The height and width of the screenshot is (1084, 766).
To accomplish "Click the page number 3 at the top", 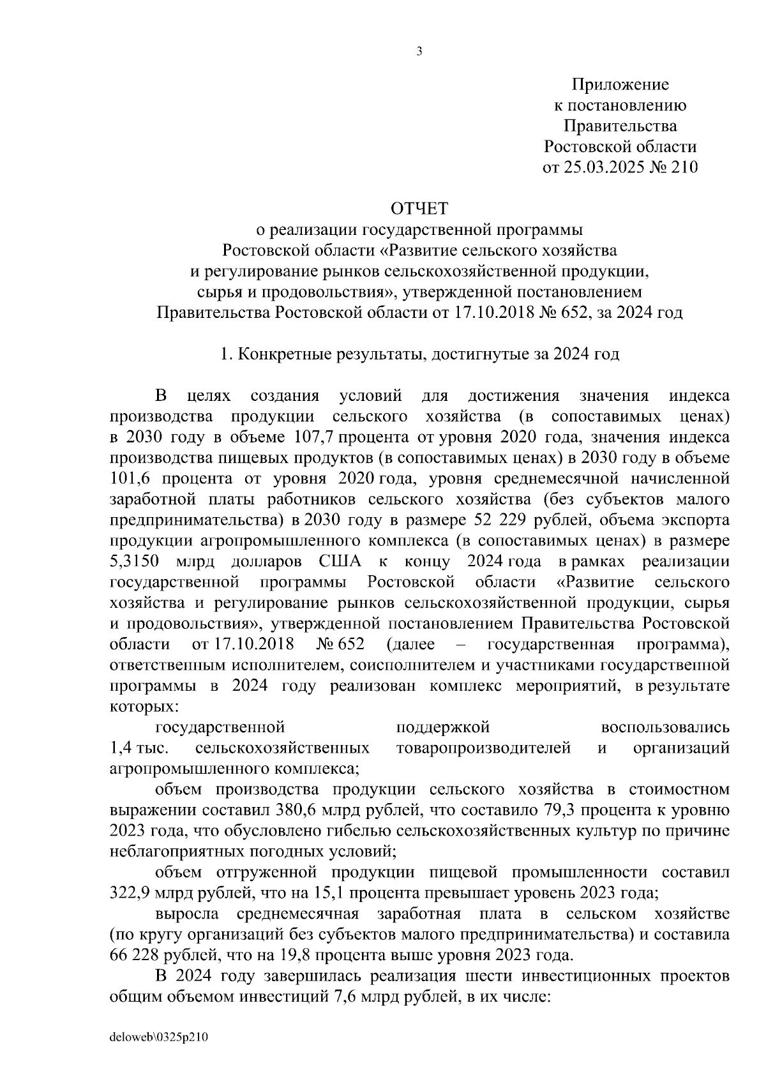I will coord(419,52).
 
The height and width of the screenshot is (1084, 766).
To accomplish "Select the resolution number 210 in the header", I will coord(684,168).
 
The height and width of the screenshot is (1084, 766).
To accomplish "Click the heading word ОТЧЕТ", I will coord(419,209).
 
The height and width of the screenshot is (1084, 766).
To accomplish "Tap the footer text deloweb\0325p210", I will coord(160,1038).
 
